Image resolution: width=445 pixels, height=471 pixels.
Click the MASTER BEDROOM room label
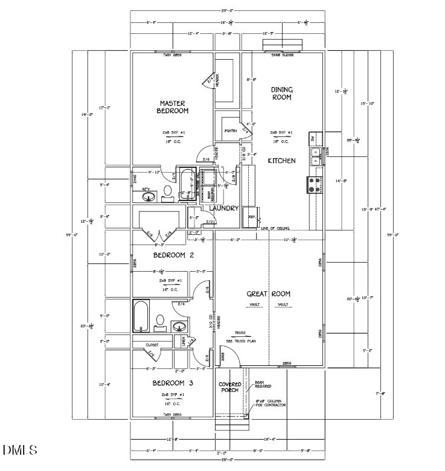tap(173, 107)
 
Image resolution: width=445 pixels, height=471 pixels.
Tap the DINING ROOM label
tap(281, 93)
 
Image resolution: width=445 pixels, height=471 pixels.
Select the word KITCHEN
tap(281, 161)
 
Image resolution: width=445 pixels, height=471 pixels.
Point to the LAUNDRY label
tap(224, 208)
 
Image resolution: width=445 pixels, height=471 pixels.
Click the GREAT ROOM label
tap(268, 294)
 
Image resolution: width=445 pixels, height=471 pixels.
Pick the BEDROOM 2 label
tap(173, 255)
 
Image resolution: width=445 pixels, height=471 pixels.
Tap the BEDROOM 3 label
tap(173, 383)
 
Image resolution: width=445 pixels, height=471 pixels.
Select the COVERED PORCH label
tap(229, 388)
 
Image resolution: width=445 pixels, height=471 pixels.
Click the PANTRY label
tap(230, 131)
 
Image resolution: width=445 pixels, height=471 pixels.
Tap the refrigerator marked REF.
tap(252, 217)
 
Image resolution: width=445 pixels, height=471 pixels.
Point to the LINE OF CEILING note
tap(275, 229)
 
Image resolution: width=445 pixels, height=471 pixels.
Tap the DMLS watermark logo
tap(19, 450)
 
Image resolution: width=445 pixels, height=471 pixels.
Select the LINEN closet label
tap(184, 342)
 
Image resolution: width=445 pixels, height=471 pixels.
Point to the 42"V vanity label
tap(146, 189)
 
